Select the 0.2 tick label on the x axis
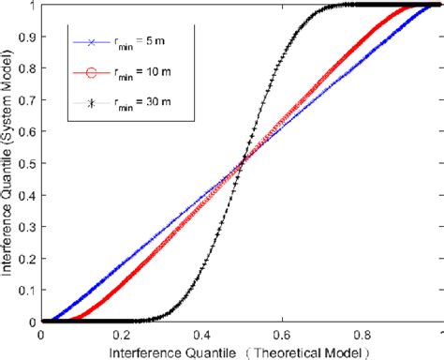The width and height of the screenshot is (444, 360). (x=122, y=333)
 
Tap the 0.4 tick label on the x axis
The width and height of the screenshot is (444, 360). (x=202, y=333)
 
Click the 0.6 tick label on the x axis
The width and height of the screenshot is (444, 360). (x=283, y=333)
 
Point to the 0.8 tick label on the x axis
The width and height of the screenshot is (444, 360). (x=363, y=333)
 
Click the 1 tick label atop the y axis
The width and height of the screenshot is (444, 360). (x=32, y=6)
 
